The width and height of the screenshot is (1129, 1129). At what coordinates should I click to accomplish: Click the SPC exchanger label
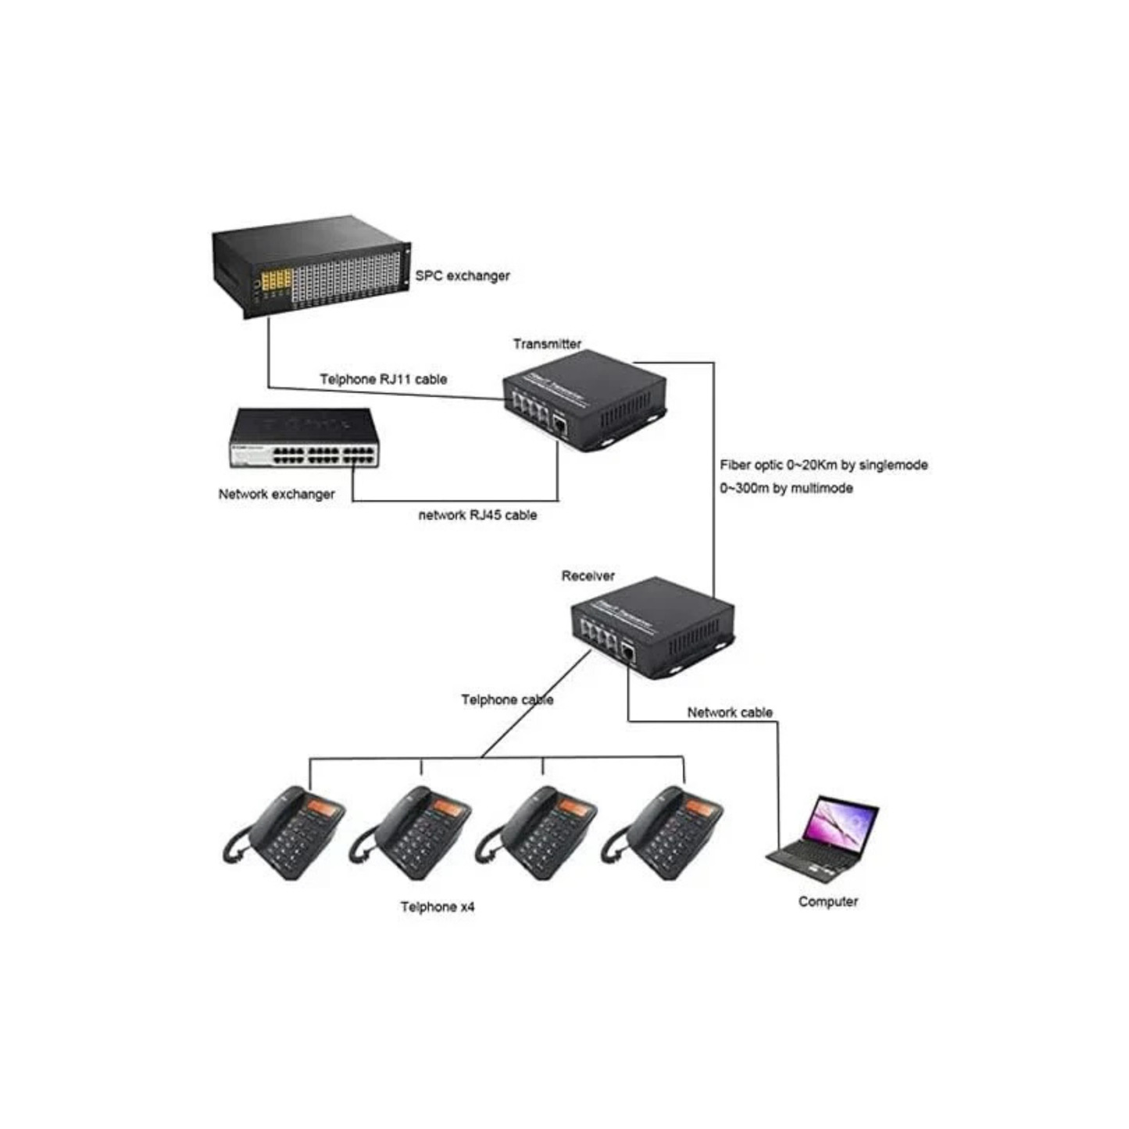coord(462,276)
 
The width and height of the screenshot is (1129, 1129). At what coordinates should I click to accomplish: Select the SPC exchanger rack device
coord(311,270)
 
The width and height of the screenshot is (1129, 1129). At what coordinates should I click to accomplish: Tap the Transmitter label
coord(547,344)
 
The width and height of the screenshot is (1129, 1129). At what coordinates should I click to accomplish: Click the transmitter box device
coord(584,404)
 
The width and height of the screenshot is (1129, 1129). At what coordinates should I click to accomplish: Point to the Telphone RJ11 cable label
coord(383,380)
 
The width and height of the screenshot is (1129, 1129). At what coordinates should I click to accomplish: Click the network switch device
coord(304,439)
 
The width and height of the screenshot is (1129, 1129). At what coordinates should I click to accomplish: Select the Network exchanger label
coord(276,495)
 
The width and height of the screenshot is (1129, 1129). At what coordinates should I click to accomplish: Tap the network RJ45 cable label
coord(477,516)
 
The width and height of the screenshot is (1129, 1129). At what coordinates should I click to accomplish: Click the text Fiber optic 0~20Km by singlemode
coord(824,465)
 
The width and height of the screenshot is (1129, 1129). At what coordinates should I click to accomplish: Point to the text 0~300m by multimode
coord(786,488)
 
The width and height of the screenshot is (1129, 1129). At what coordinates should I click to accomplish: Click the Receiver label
coord(588,576)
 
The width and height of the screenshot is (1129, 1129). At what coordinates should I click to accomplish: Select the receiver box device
coord(652,628)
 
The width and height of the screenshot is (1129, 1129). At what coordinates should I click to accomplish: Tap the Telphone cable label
coord(507,700)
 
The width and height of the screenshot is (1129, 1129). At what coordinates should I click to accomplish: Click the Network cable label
coord(730,713)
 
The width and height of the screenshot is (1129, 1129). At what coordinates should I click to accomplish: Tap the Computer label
coord(827,902)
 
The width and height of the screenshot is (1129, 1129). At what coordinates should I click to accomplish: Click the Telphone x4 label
coord(437,907)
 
